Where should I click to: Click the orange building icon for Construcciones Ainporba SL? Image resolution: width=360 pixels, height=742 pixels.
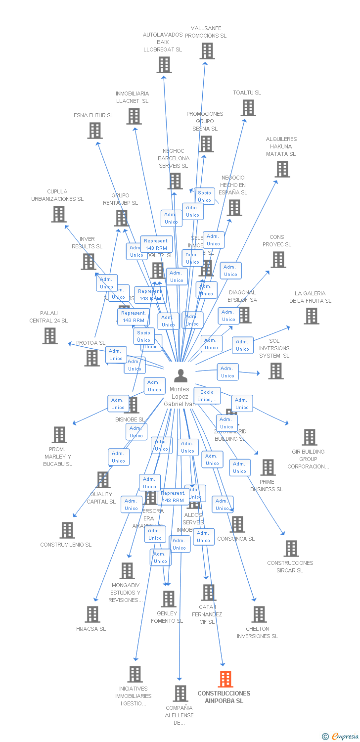coord(225,679)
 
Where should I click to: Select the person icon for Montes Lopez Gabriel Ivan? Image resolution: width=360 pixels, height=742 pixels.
coord(181,375)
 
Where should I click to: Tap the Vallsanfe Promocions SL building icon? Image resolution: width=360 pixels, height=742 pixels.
coord(207,50)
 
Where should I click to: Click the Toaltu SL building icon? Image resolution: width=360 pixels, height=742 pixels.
coord(248,107)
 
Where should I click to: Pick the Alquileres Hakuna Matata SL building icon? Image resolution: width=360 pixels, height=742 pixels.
coord(282,169)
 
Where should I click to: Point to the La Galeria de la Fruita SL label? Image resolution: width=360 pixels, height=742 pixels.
coord(310,297)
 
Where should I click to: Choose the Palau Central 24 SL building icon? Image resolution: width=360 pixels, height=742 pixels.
coord(50,335)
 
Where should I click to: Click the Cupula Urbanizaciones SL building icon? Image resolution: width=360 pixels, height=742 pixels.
coord(59,214)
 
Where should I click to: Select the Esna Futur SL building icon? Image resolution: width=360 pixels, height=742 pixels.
coord(95,130)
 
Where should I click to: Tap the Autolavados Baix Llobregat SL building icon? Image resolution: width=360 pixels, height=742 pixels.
coord(164,64)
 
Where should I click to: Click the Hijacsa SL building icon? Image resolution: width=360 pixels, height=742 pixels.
coord(92,614)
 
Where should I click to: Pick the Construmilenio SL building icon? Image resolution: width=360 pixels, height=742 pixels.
coord(67,530)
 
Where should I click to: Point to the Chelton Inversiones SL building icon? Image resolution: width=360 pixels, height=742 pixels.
coord(259,614)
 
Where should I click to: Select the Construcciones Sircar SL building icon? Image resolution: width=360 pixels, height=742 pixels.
coord(291,548)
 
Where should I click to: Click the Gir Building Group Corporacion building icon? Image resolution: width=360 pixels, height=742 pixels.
coord(310,437)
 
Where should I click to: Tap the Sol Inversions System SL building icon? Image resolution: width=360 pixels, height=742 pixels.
coord(276,371)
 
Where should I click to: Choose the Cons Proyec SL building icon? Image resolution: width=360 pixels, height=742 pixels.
coord(278,259)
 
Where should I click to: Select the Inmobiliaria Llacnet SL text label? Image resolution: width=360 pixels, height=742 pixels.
coord(132,97)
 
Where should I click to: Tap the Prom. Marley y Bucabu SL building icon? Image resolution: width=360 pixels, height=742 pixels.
coord(59,434)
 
